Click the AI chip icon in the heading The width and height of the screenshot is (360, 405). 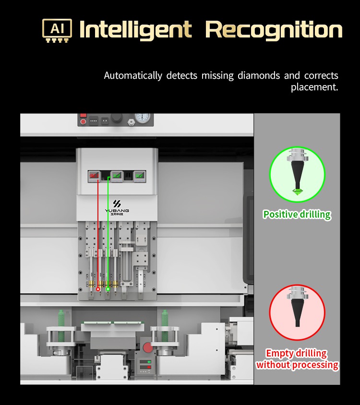pos(57,30)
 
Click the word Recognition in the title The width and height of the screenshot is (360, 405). pos(274,30)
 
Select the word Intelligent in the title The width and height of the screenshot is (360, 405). pos(135,30)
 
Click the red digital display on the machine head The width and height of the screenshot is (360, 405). pos(93,176)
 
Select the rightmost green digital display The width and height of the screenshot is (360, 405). pos(139,176)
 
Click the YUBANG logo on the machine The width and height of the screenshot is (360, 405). pos(117,207)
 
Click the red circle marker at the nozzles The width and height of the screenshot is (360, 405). pos(98,289)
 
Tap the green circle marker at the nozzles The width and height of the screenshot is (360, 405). pos(108,289)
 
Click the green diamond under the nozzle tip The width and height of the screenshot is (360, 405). pos(298,192)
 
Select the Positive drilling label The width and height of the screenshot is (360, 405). pos(297,214)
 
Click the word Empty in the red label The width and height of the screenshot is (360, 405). pos(279,354)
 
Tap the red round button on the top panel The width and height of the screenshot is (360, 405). pos(83,121)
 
